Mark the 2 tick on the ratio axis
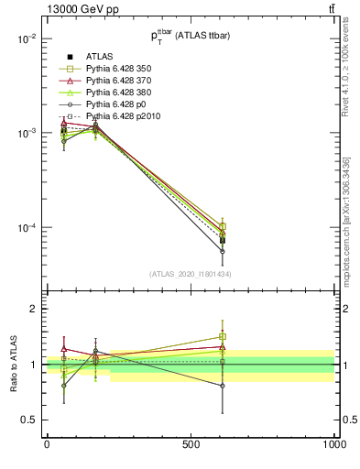click(35, 309)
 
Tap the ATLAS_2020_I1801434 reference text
click(191, 274)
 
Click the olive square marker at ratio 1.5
click(223, 336)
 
